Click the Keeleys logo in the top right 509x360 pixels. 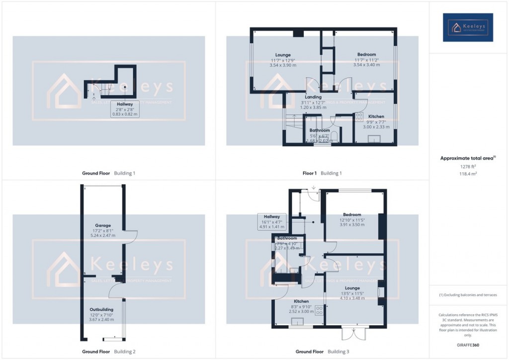(468, 27)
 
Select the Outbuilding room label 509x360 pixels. (101, 309)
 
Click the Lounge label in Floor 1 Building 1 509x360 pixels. (283, 55)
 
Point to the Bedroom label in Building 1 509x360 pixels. (366, 54)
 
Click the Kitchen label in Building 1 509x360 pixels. (376, 116)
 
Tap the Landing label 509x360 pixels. (313, 97)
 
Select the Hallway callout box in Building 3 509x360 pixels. (272, 221)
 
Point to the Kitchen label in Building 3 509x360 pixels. (301, 301)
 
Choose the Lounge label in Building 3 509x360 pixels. (352, 288)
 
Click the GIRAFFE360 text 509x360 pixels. (468, 345)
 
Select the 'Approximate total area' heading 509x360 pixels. (467, 158)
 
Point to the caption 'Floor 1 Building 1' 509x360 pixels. (322, 173)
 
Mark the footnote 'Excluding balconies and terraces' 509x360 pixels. (468, 295)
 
